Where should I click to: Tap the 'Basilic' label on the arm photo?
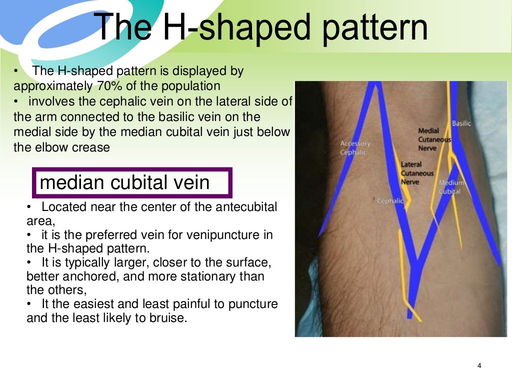[x=461, y=123]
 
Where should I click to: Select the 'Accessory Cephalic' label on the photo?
[x=355, y=148]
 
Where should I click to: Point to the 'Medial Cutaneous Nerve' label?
[x=434, y=139]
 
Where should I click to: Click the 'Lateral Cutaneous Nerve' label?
[x=417, y=173]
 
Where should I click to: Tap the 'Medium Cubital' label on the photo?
[x=451, y=187]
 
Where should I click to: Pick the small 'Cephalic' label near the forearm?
[x=390, y=200]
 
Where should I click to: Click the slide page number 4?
[x=479, y=366]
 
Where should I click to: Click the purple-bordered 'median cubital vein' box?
[x=132, y=182]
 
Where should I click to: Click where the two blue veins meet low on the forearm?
[x=414, y=262]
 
